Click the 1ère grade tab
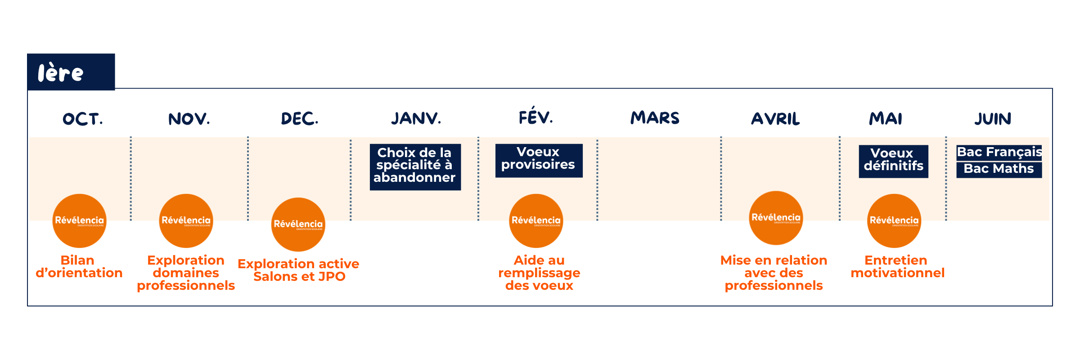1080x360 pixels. [x=71, y=72]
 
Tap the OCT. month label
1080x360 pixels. [x=83, y=119]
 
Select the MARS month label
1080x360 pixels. [x=655, y=118]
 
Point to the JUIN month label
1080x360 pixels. [x=993, y=119]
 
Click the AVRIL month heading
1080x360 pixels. [x=775, y=119]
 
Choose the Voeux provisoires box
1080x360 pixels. [x=539, y=161]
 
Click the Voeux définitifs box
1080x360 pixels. [x=893, y=161]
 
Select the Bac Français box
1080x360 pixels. [x=999, y=152]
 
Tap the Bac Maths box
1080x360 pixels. [x=999, y=170]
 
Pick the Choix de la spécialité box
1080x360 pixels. [x=415, y=167]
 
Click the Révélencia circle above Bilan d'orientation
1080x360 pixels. [x=80, y=220]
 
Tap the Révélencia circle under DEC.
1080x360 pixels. [x=298, y=224]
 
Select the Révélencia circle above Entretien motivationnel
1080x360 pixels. [x=894, y=220]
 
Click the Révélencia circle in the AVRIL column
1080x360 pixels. [x=776, y=218]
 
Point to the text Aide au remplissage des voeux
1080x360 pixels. [x=539, y=273]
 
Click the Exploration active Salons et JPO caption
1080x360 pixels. [x=298, y=270]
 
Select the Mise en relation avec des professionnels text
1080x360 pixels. [x=774, y=273]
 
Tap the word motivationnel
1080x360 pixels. [x=897, y=273]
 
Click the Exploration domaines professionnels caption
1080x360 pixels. [x=186, y=273]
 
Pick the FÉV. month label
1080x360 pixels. [x=535, y=116]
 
